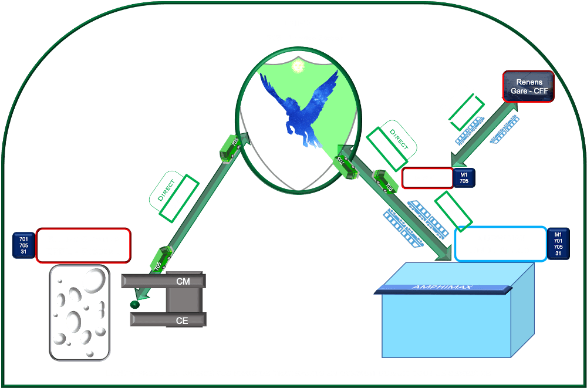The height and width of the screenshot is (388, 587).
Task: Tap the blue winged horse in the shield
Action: [x=301, y=106]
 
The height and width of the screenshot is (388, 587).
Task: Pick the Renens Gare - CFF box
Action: [x=528, y=87]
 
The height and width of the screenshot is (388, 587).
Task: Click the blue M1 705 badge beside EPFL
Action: [x=464, y=178]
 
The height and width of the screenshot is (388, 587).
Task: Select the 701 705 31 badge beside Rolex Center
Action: [x=23, y=245]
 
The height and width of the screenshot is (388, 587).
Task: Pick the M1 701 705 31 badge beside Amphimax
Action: [x=558, y=243]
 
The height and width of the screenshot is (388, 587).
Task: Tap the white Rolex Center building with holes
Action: [x=80, y=312]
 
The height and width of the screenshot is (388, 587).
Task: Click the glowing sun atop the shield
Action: [x=298, y=66]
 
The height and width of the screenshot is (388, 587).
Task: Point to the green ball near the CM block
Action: [x=134, y=305]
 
